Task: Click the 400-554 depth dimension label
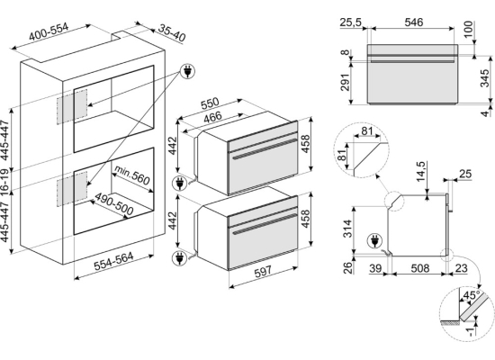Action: click(x=49, y=31)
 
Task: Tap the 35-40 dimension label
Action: click(x=171, y=32)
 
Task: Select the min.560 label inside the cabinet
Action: click(x=131, y=175)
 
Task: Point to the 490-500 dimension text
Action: click(x=114, y=203)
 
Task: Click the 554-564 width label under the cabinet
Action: click(x=113, y=261)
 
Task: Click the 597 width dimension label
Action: click(x=263, y=271)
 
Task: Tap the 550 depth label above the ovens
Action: click(x=210, y=103)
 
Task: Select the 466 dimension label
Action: click(x=212, y=118)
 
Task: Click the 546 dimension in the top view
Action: click(x=414, y=22)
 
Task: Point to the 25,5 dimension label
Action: click(x=351, y=22)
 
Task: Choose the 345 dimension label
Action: click(x=484, y=77)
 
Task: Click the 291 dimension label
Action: click(x=346, y=83)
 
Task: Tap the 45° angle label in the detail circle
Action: click(x=471, y=295)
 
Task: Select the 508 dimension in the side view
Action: click(x=420, y=268)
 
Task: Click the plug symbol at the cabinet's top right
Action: click(x=187, y=72)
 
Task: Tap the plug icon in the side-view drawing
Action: click(x=374, y=241)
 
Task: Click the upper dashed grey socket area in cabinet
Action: click(x=72, y=107)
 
